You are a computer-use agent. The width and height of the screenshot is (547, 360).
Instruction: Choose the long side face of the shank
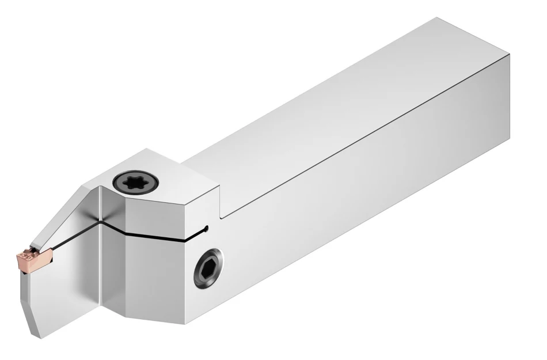click(374, 196)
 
